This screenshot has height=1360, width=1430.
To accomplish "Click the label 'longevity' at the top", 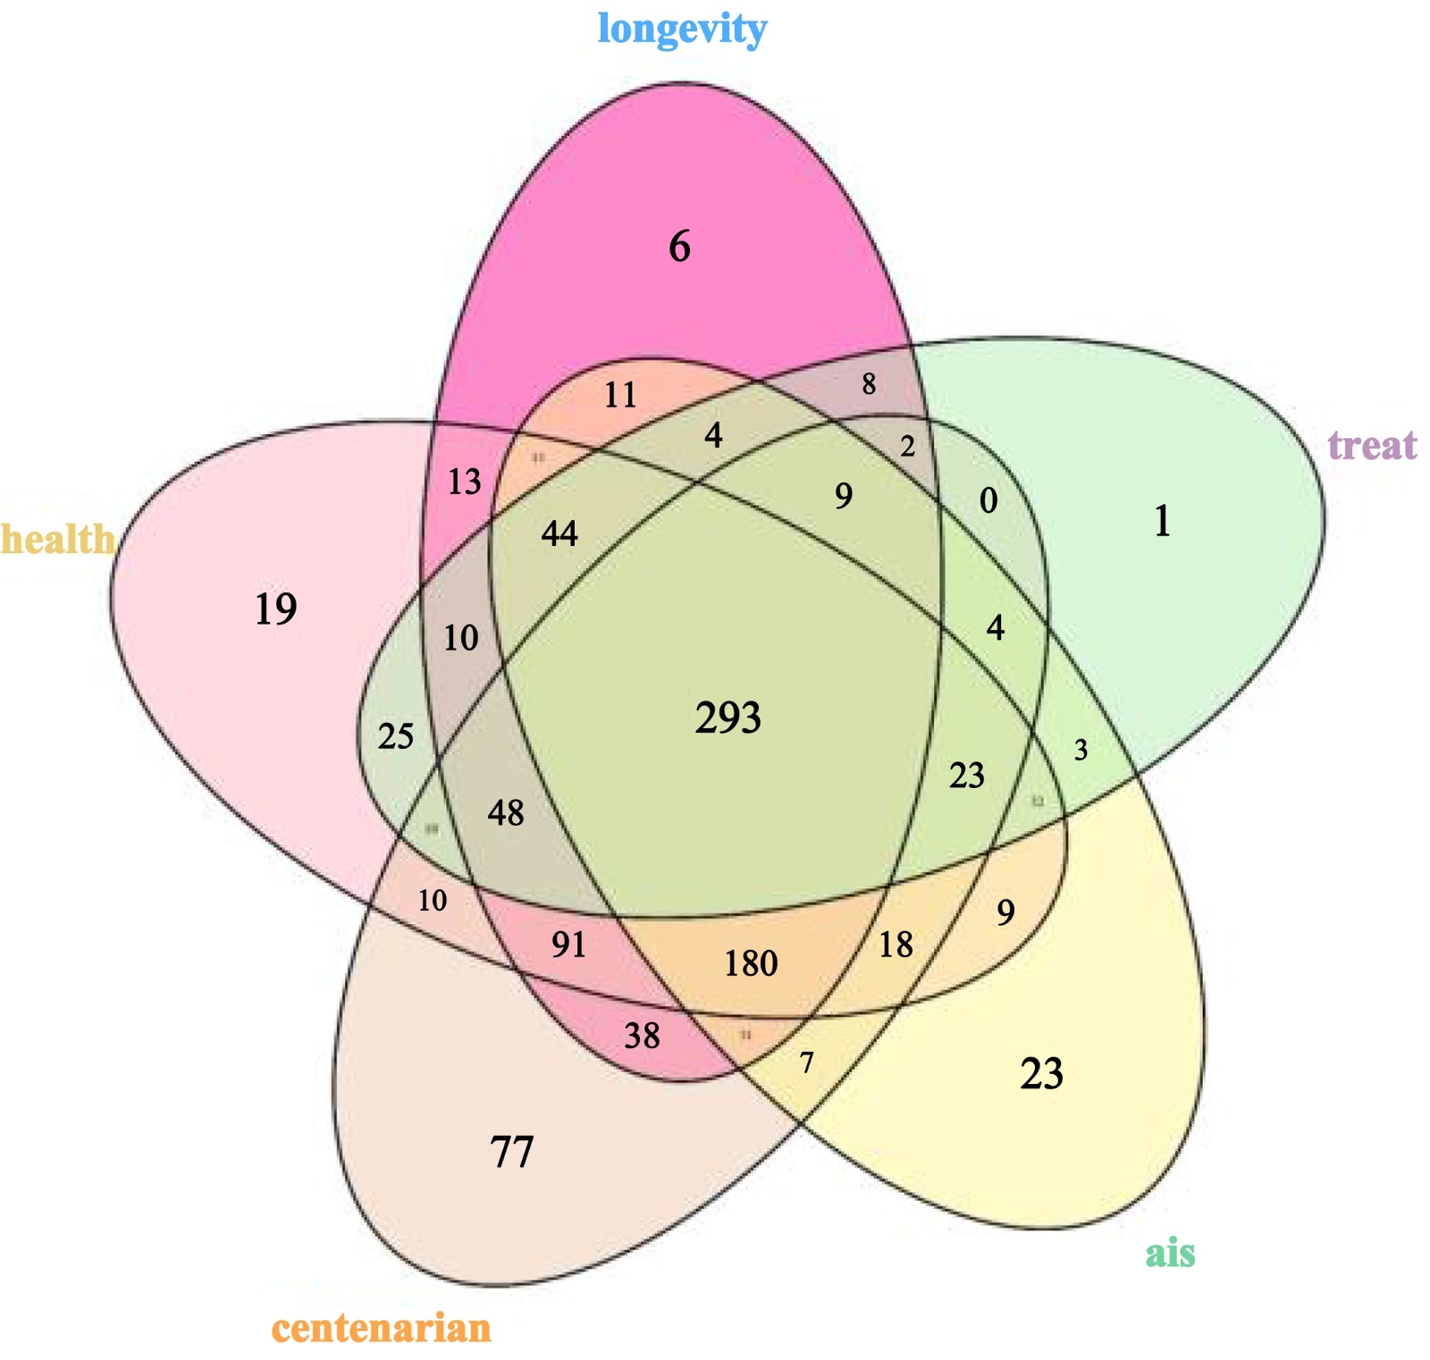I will pyautogui.click(x=682, y=29).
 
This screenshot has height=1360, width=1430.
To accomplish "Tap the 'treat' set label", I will pyautogui.click(x=1372, y=444).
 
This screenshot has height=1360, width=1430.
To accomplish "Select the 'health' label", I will pyautogui.click(x=57, y=539).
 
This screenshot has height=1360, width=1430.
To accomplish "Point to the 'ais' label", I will pyautogui.click(x=1170, y=1253).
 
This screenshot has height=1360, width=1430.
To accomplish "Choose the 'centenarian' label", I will pyautogui.click(x=382, y=1328).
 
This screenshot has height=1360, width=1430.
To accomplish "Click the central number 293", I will pyautogui.click(x=728, y=718).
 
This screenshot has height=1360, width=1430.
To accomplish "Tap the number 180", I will pyautogui.click(x=751, y=963).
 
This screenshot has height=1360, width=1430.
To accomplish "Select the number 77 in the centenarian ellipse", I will pyautogui.click(x=512, y=1152).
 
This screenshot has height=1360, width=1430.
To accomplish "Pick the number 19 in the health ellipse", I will pyautogui.click(x=275, y=609).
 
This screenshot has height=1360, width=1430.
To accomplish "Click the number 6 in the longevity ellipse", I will pyautogui.click(x=679, y=247).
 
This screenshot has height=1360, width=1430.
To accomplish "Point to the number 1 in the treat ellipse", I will pyautogui.click(x=1162, y=521).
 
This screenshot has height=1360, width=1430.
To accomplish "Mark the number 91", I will pyautogui.click(x=568, y=944).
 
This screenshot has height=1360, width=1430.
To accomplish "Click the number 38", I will pyautogui.click(x=642, y=1036).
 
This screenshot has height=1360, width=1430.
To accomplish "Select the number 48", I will pyautogui.click(x=506, y=812).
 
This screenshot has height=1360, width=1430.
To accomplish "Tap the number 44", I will pyautogui.click(x=559, y=534).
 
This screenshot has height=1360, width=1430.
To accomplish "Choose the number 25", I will pyautogui.click(x=396, y=736).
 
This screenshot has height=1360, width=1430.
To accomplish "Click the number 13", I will pyautogui.click(x=464, y=483).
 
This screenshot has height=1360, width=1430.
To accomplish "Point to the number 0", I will pyautogui.click(x=988, y=500).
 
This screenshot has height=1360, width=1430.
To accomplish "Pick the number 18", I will pyautogui.click(x=896, y=944).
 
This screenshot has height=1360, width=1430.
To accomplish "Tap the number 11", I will pyautogui.click(x=620, y=395).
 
